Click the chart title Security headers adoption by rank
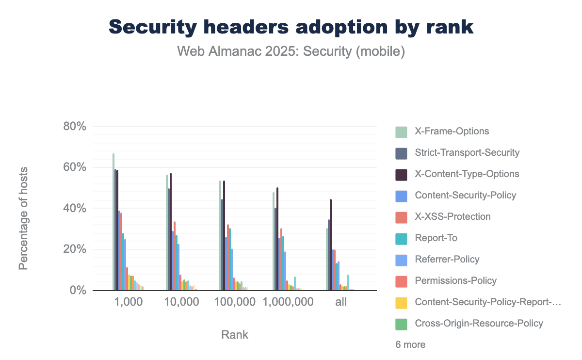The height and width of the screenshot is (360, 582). [x=291, y=28]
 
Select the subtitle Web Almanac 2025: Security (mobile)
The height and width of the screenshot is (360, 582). [x=291, y=51]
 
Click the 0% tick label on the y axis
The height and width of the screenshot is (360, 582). [x=77, y=291]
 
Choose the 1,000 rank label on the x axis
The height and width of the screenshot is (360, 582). [x=128, y=302]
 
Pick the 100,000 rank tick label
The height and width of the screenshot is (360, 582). [x=235, y=302]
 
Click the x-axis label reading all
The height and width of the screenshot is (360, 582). [x=341, y=302]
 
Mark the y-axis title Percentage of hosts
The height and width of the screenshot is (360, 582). [x=23, y=218]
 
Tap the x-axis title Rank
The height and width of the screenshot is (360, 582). [x=235, y=335]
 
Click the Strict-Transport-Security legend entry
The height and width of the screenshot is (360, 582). [x=467, y=153]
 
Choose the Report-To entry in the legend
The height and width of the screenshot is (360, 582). [x=436, y=238]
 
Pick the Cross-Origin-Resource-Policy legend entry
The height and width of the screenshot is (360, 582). [x=479, y=324]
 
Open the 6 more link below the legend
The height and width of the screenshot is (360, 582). [x=410, y=345]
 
